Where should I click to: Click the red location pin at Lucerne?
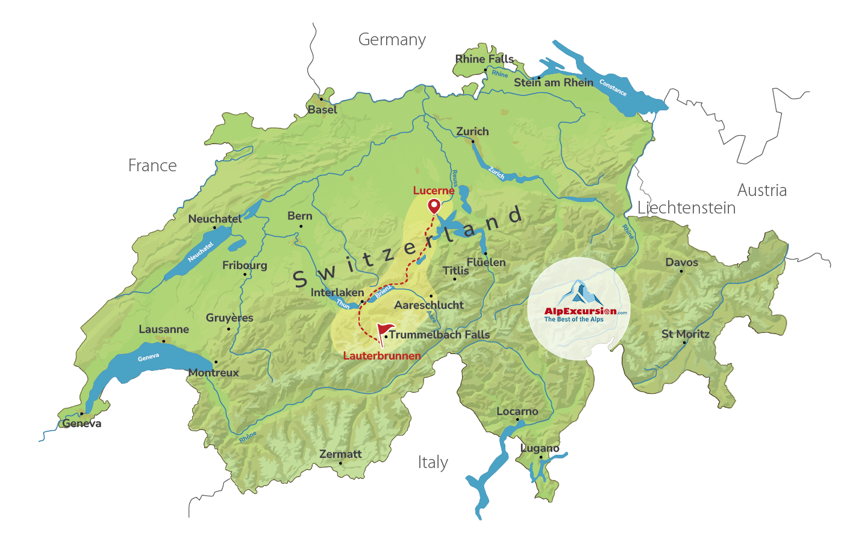point(434,206)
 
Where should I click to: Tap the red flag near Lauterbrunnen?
point(384,331)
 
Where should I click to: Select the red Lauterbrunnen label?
point(382,356)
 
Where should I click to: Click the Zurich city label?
point(472,131)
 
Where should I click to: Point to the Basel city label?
point(322,110)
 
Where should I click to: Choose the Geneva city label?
point(82,423)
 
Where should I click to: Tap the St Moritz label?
point(686,334)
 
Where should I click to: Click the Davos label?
point(682,262)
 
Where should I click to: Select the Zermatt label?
point(340,454)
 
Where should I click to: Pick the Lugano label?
point(540,448)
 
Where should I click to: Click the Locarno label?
point(517,411)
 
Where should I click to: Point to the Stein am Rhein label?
point(553,83)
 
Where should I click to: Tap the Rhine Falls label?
point(484,59)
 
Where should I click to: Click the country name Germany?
point(392,40)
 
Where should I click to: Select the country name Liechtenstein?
point(687,208)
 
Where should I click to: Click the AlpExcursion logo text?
point(580,311)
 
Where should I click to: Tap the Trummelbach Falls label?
point(439,335)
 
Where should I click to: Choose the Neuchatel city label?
point(215,219)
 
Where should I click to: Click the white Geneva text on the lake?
point(148,357)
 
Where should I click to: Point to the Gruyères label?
point(230,318)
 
